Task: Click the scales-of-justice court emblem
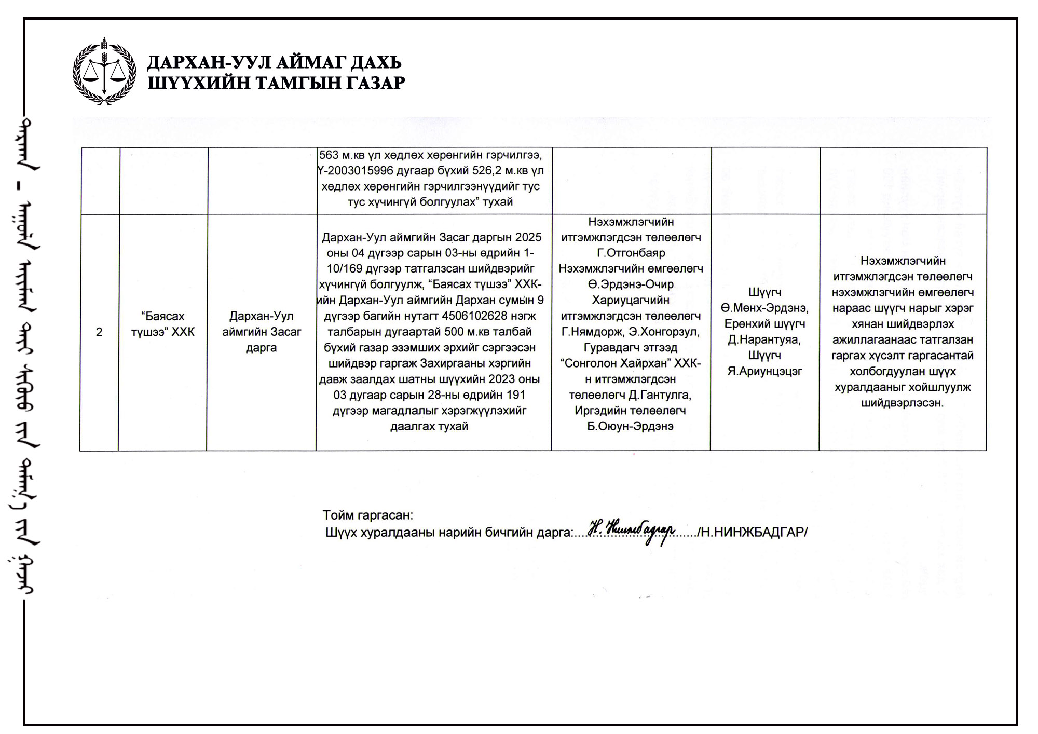(x=104, y=71)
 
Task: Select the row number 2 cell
(x=99, y=332)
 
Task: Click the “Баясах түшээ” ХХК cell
(x=163, y=324)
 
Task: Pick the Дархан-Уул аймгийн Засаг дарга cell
(x=262, y=332)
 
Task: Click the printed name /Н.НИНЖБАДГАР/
(x=752, y=533)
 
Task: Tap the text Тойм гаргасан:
(x=367, y=515)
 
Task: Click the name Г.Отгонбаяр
(x=631, y=253)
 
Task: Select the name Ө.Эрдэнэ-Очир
(x=631, y=284)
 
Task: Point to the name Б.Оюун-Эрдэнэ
(x=631, y=426)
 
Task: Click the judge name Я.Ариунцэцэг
(x=764, y=371)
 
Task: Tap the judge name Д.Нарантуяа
(x=764, y=339)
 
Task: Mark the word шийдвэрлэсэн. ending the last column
(x=903, y=403)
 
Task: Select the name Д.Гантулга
(x=659, y=395)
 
